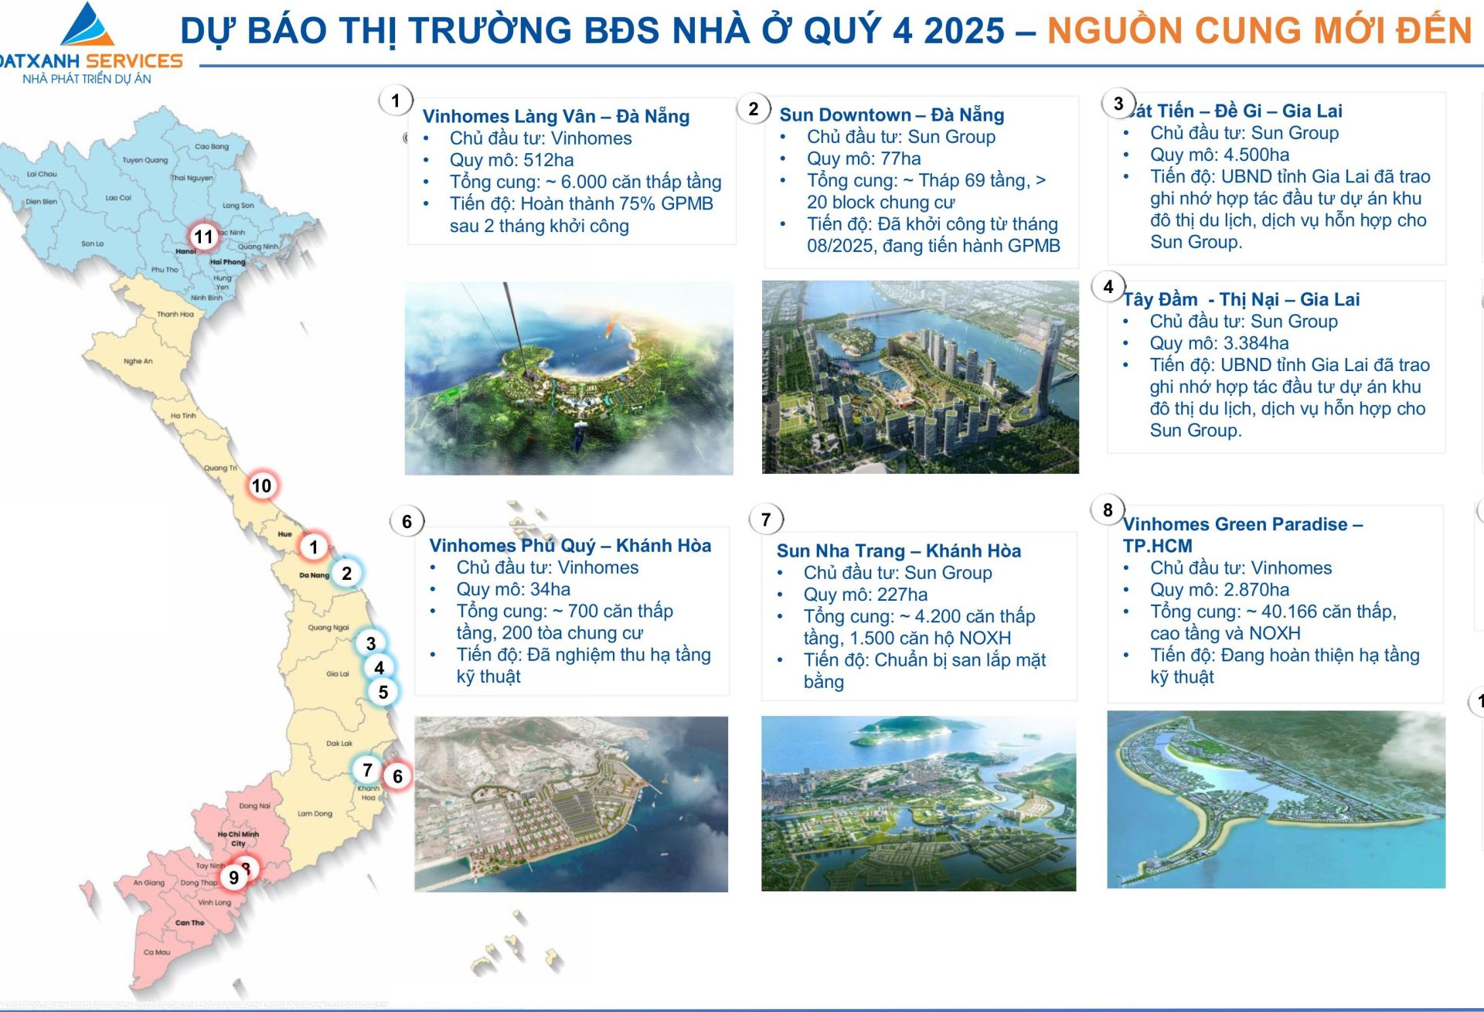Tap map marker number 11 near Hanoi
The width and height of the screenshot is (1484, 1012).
click(x=203, y=237)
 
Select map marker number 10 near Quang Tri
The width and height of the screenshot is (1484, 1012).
click(x=262, y=486)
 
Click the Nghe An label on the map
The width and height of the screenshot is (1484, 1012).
click(x=138, y=361)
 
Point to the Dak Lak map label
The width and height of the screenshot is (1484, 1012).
click(x=339, y=744)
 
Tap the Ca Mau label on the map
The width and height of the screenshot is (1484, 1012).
click(x=157, y=952)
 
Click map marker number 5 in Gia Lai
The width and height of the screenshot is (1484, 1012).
click(x=383, y=692)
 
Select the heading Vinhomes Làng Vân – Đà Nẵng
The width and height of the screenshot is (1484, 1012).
click(x=556, y=117)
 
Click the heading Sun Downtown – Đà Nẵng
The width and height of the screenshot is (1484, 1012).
click(x=891, y=115)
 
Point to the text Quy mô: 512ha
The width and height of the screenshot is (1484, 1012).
click(x=512, y=160)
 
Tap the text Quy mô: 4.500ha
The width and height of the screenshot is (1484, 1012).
click(x=1219, y=155)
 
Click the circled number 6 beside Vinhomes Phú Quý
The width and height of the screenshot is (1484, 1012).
click(x=407, y=521)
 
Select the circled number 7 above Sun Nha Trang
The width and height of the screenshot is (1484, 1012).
click(x=766, y=519)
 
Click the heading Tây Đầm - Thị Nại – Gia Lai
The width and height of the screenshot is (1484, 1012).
click(x=1241, y=299)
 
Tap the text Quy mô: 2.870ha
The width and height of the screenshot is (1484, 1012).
click(x=1219, y=590)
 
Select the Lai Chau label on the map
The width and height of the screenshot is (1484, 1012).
click(x=42, y=174)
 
